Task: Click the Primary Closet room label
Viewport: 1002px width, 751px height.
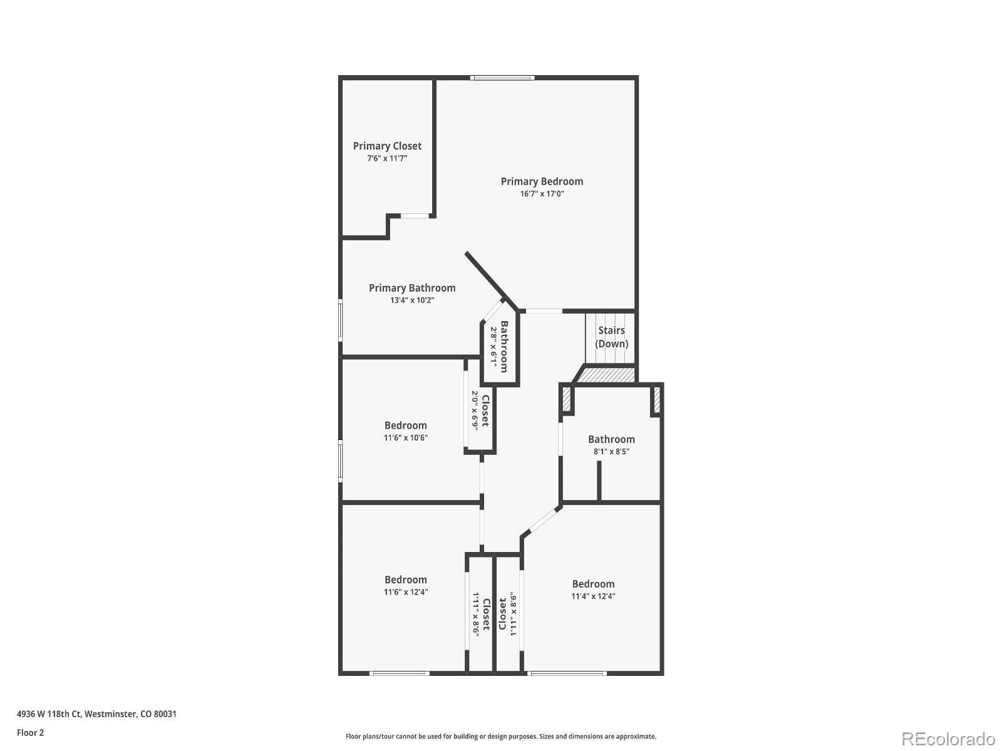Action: point(387,146)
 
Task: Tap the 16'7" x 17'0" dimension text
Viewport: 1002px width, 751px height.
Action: point(542,194)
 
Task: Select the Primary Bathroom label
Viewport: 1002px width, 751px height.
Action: point(412,288)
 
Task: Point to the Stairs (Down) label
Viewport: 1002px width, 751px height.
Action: point(611,337)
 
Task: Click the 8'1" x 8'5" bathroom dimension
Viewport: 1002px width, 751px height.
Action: point(611,451)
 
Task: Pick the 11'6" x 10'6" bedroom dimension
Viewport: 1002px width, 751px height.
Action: point(405,438)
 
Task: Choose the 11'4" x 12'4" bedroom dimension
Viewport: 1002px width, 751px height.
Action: point(593,596)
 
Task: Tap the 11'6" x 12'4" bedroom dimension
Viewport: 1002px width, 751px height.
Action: point(406,592)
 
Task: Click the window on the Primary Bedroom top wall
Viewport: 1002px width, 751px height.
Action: point(502,78)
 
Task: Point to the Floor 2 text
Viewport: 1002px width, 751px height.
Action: point(30,732)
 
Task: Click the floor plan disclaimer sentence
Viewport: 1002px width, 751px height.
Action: point(500,737)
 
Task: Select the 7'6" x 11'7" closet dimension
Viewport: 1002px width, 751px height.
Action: point(387,158)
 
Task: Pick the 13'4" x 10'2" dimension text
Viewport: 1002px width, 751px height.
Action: point(412,300)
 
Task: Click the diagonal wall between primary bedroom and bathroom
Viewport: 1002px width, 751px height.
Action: point(486,275)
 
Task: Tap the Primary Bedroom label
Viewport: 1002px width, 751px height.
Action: point(542,181)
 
